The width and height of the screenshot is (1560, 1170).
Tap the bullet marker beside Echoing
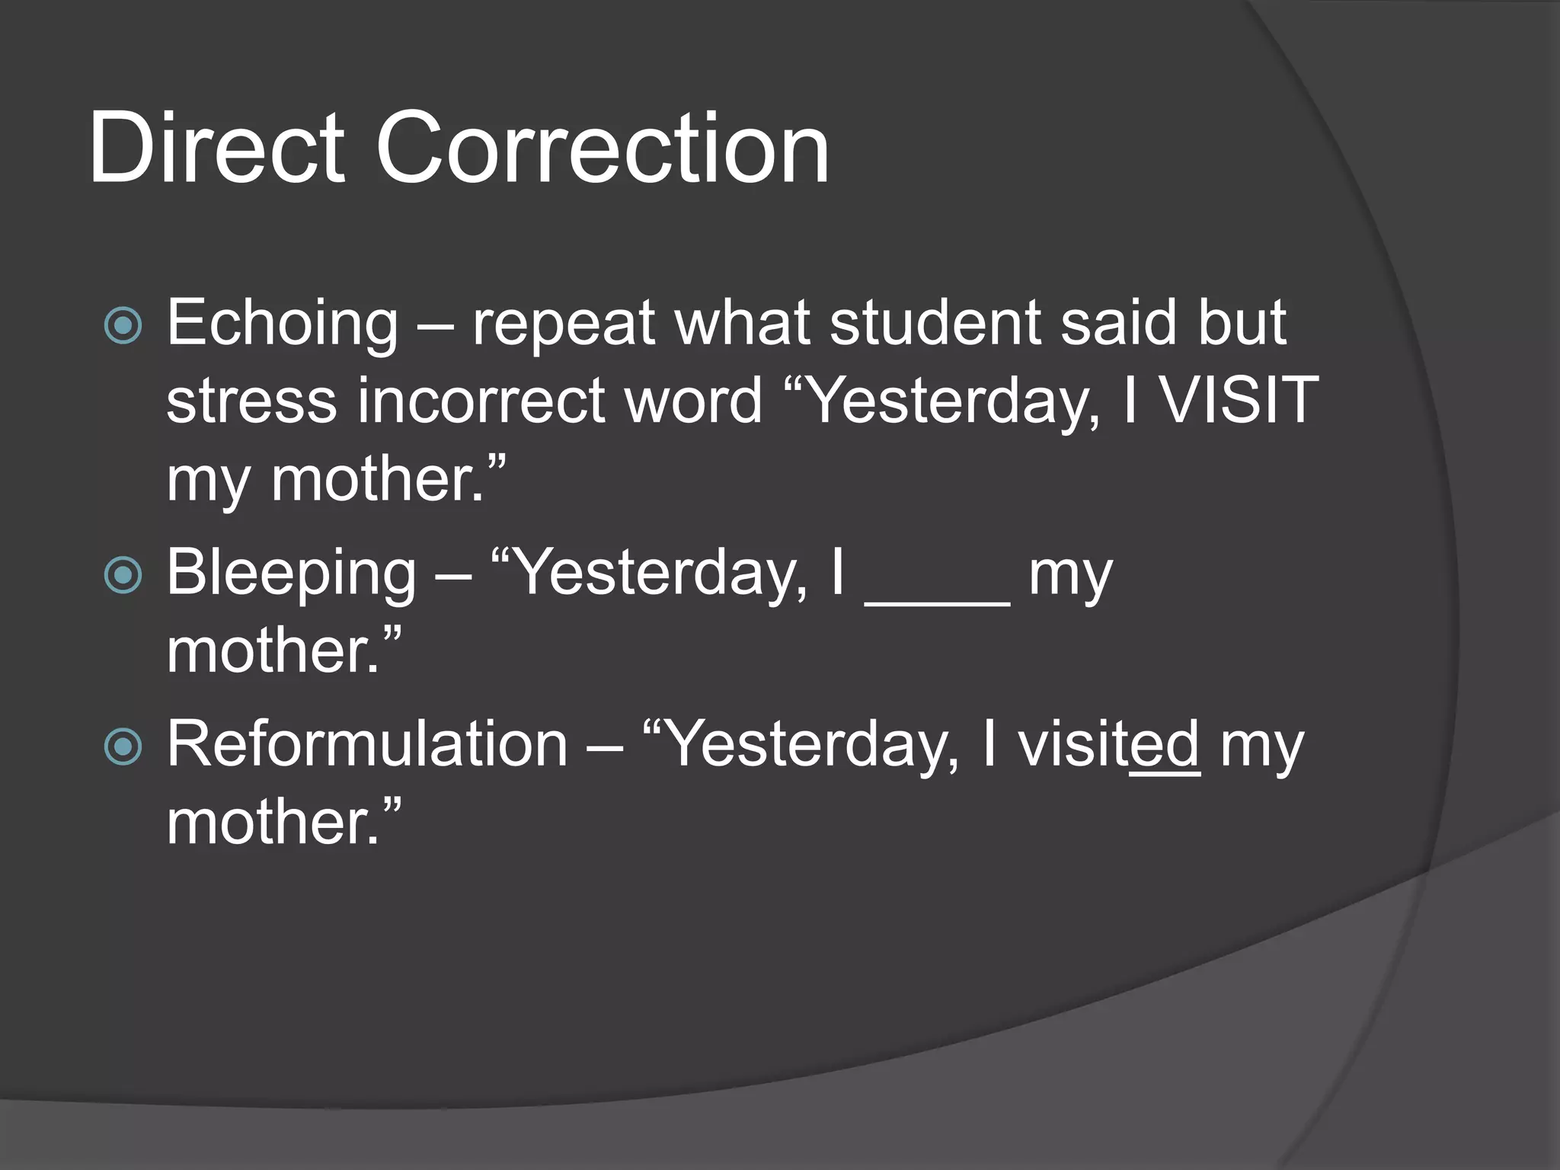click(123, 326)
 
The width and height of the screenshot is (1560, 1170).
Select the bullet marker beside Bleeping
click(123, 575)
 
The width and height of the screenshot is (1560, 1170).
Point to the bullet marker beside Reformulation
click(123, 746)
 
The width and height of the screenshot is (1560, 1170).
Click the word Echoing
click(282, 324)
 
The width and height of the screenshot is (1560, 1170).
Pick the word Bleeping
click(291, 574)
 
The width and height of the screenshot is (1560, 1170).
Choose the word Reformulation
click(367, 744)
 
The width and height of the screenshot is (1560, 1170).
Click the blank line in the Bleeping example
click(938, 602)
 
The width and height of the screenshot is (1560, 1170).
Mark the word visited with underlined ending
click(1109, 744)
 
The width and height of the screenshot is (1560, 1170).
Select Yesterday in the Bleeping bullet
click(662, 574)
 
